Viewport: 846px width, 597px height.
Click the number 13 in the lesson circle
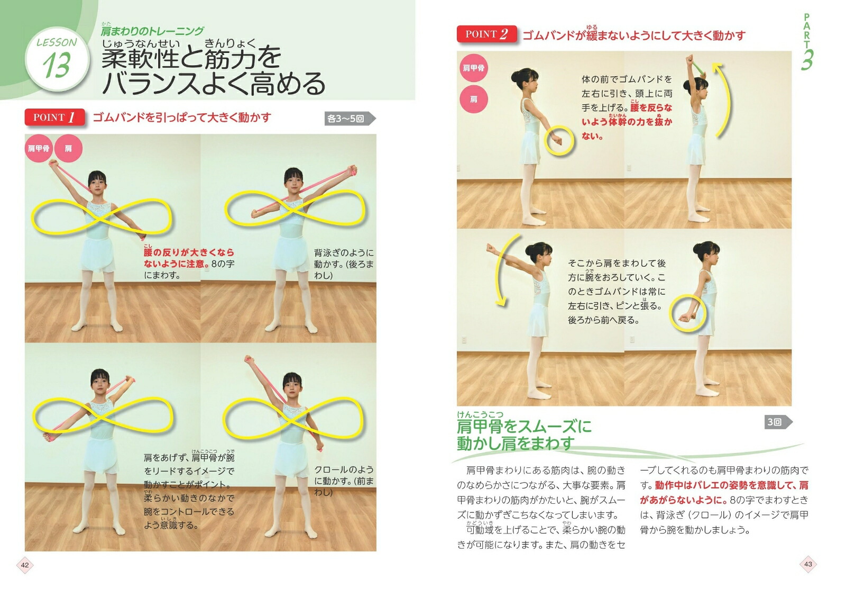[x=57, y=65]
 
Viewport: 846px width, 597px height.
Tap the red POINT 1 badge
[x=55, y=117]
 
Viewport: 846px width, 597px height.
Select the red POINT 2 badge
[x=487, y=34]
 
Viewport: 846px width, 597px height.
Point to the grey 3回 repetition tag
[x=778, y=422]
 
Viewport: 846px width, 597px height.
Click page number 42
[x=25, y=565]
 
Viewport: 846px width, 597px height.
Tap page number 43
[x=808, y=564]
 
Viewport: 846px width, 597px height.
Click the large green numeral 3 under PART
[x=807, y=60]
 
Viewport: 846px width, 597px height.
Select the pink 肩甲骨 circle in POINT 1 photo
[x=39, y=148]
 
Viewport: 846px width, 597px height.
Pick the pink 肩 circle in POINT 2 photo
[x=474, y=99]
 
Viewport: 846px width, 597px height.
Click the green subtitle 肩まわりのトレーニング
[x=153, y=31]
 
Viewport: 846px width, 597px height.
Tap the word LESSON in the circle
[x=57, y=42]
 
